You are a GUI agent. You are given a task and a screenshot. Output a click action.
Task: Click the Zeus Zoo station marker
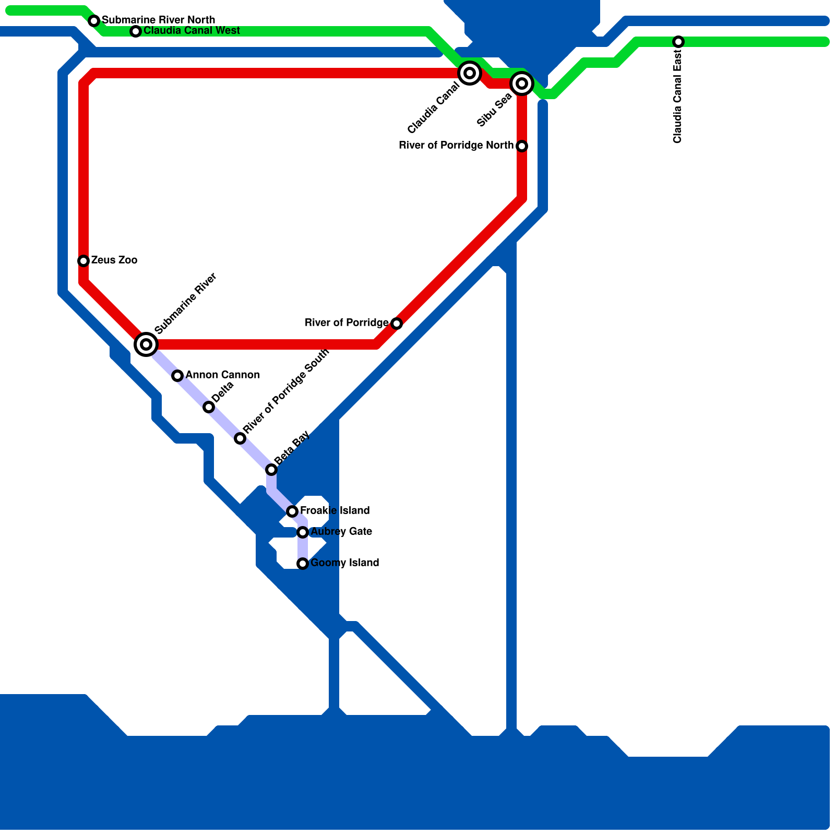83,260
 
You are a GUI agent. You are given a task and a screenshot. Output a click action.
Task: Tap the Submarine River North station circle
94,21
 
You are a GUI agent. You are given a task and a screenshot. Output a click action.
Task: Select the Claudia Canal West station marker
136,31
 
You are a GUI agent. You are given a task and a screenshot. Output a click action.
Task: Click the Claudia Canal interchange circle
469,73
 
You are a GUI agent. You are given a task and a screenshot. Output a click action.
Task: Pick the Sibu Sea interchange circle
521,83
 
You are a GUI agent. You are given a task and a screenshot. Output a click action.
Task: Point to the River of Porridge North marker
521,146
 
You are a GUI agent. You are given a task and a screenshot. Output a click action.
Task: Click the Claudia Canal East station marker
678,42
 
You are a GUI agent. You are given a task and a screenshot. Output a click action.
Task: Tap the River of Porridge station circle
397,324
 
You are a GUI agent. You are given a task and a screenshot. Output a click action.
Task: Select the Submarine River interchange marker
146,344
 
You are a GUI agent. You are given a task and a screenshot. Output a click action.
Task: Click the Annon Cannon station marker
177,376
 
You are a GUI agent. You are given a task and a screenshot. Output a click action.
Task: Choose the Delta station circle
209,407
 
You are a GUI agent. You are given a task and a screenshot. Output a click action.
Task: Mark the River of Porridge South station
240,438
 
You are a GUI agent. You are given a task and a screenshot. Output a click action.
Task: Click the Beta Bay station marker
271,470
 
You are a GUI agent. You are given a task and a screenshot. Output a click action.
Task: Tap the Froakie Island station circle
292,511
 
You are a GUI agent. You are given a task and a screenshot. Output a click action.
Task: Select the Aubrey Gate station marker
303,532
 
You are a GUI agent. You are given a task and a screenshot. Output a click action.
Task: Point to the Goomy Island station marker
303,564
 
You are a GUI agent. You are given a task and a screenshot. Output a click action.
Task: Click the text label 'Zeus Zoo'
114,260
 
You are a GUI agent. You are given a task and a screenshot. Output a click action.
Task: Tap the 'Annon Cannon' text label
223,375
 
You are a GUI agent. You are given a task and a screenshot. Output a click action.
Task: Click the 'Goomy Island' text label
345,563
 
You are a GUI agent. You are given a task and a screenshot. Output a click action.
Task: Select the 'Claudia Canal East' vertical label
678,97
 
